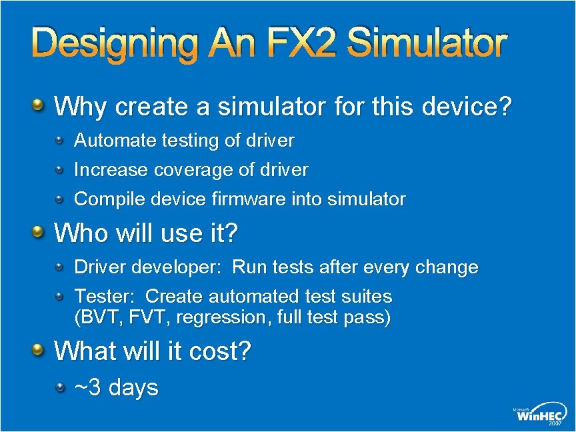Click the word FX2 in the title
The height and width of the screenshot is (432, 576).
(297, 44)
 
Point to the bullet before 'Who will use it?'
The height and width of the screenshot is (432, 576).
(39, 232)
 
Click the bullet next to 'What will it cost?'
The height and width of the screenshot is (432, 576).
(39, 349)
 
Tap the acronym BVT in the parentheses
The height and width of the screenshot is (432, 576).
(97, 317)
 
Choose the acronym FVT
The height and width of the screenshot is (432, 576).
(141, 317)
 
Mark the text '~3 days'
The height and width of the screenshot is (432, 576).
(116, 387)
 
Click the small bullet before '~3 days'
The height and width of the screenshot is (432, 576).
(60, 386)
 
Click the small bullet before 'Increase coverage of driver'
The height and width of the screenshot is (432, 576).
(60, 169)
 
